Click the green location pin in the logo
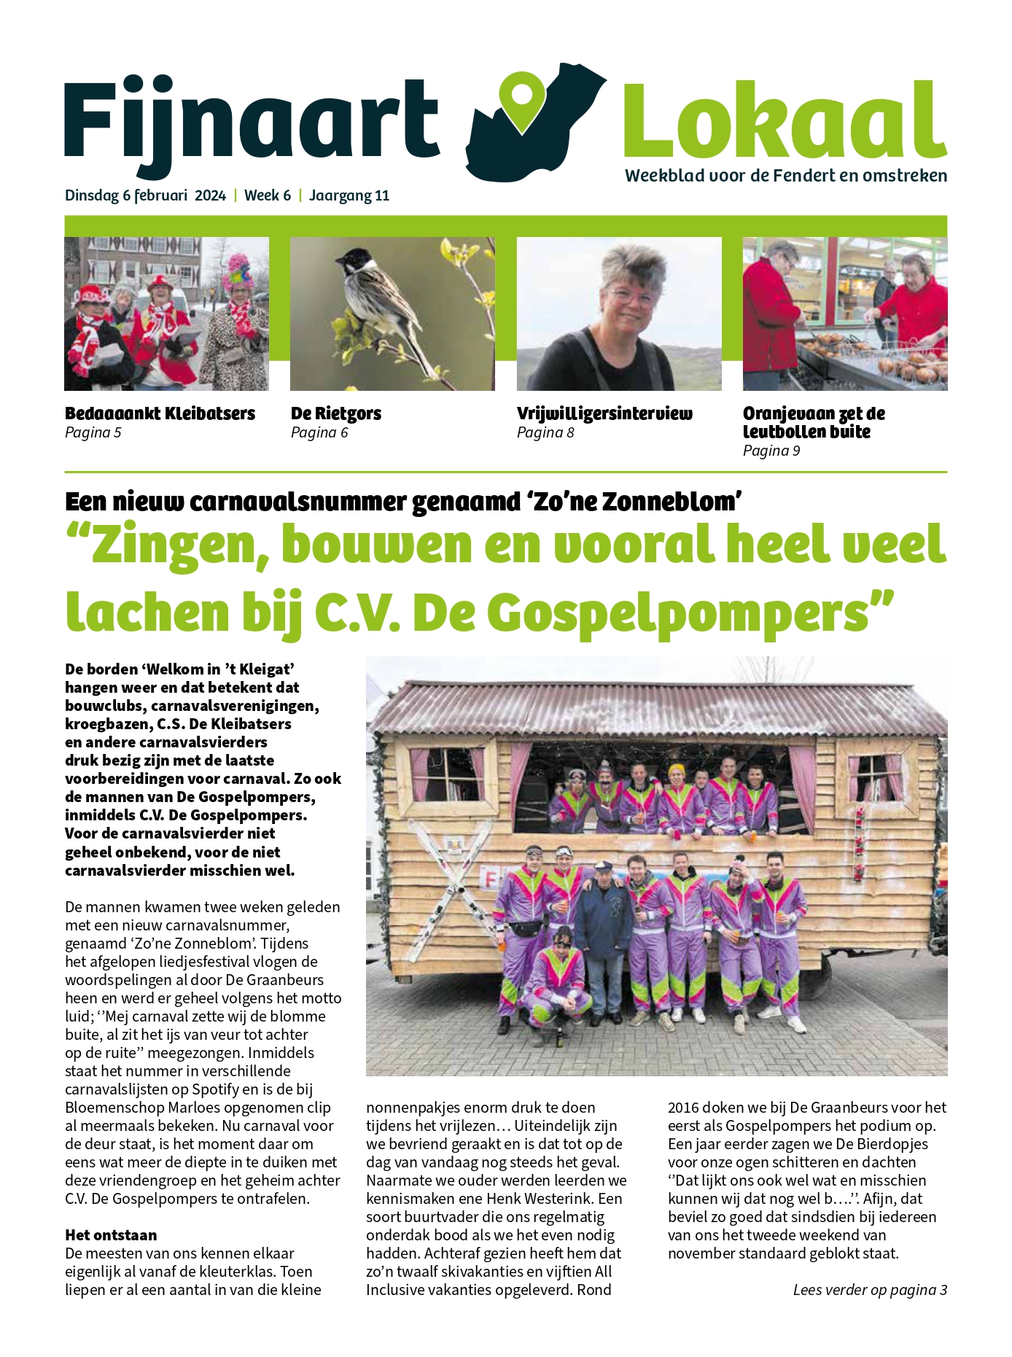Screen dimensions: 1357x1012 click(x=523, y=102)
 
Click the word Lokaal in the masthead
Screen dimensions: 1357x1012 click(x=785, y=120)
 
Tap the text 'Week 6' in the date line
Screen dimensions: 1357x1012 click(x=267, y=195)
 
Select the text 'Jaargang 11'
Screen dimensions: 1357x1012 click(x=349, y=195)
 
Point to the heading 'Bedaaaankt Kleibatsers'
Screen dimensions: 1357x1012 click(x=160, y=413)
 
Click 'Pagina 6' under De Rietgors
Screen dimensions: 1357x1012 click(x=319, y=432)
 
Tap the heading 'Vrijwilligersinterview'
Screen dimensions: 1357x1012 click(x=604, y=413)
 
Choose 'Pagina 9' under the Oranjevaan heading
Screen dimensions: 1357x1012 click(x=771, y=451)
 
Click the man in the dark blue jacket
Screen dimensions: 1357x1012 click(x=605, y=926)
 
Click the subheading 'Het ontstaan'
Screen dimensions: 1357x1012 click(x=111, y=1235)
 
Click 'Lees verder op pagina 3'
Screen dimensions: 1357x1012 click(x=870, y=1290)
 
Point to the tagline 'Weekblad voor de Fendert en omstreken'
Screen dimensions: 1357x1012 click(x=786, y=176)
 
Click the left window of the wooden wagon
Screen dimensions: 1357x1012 click(x=447, y=774)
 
